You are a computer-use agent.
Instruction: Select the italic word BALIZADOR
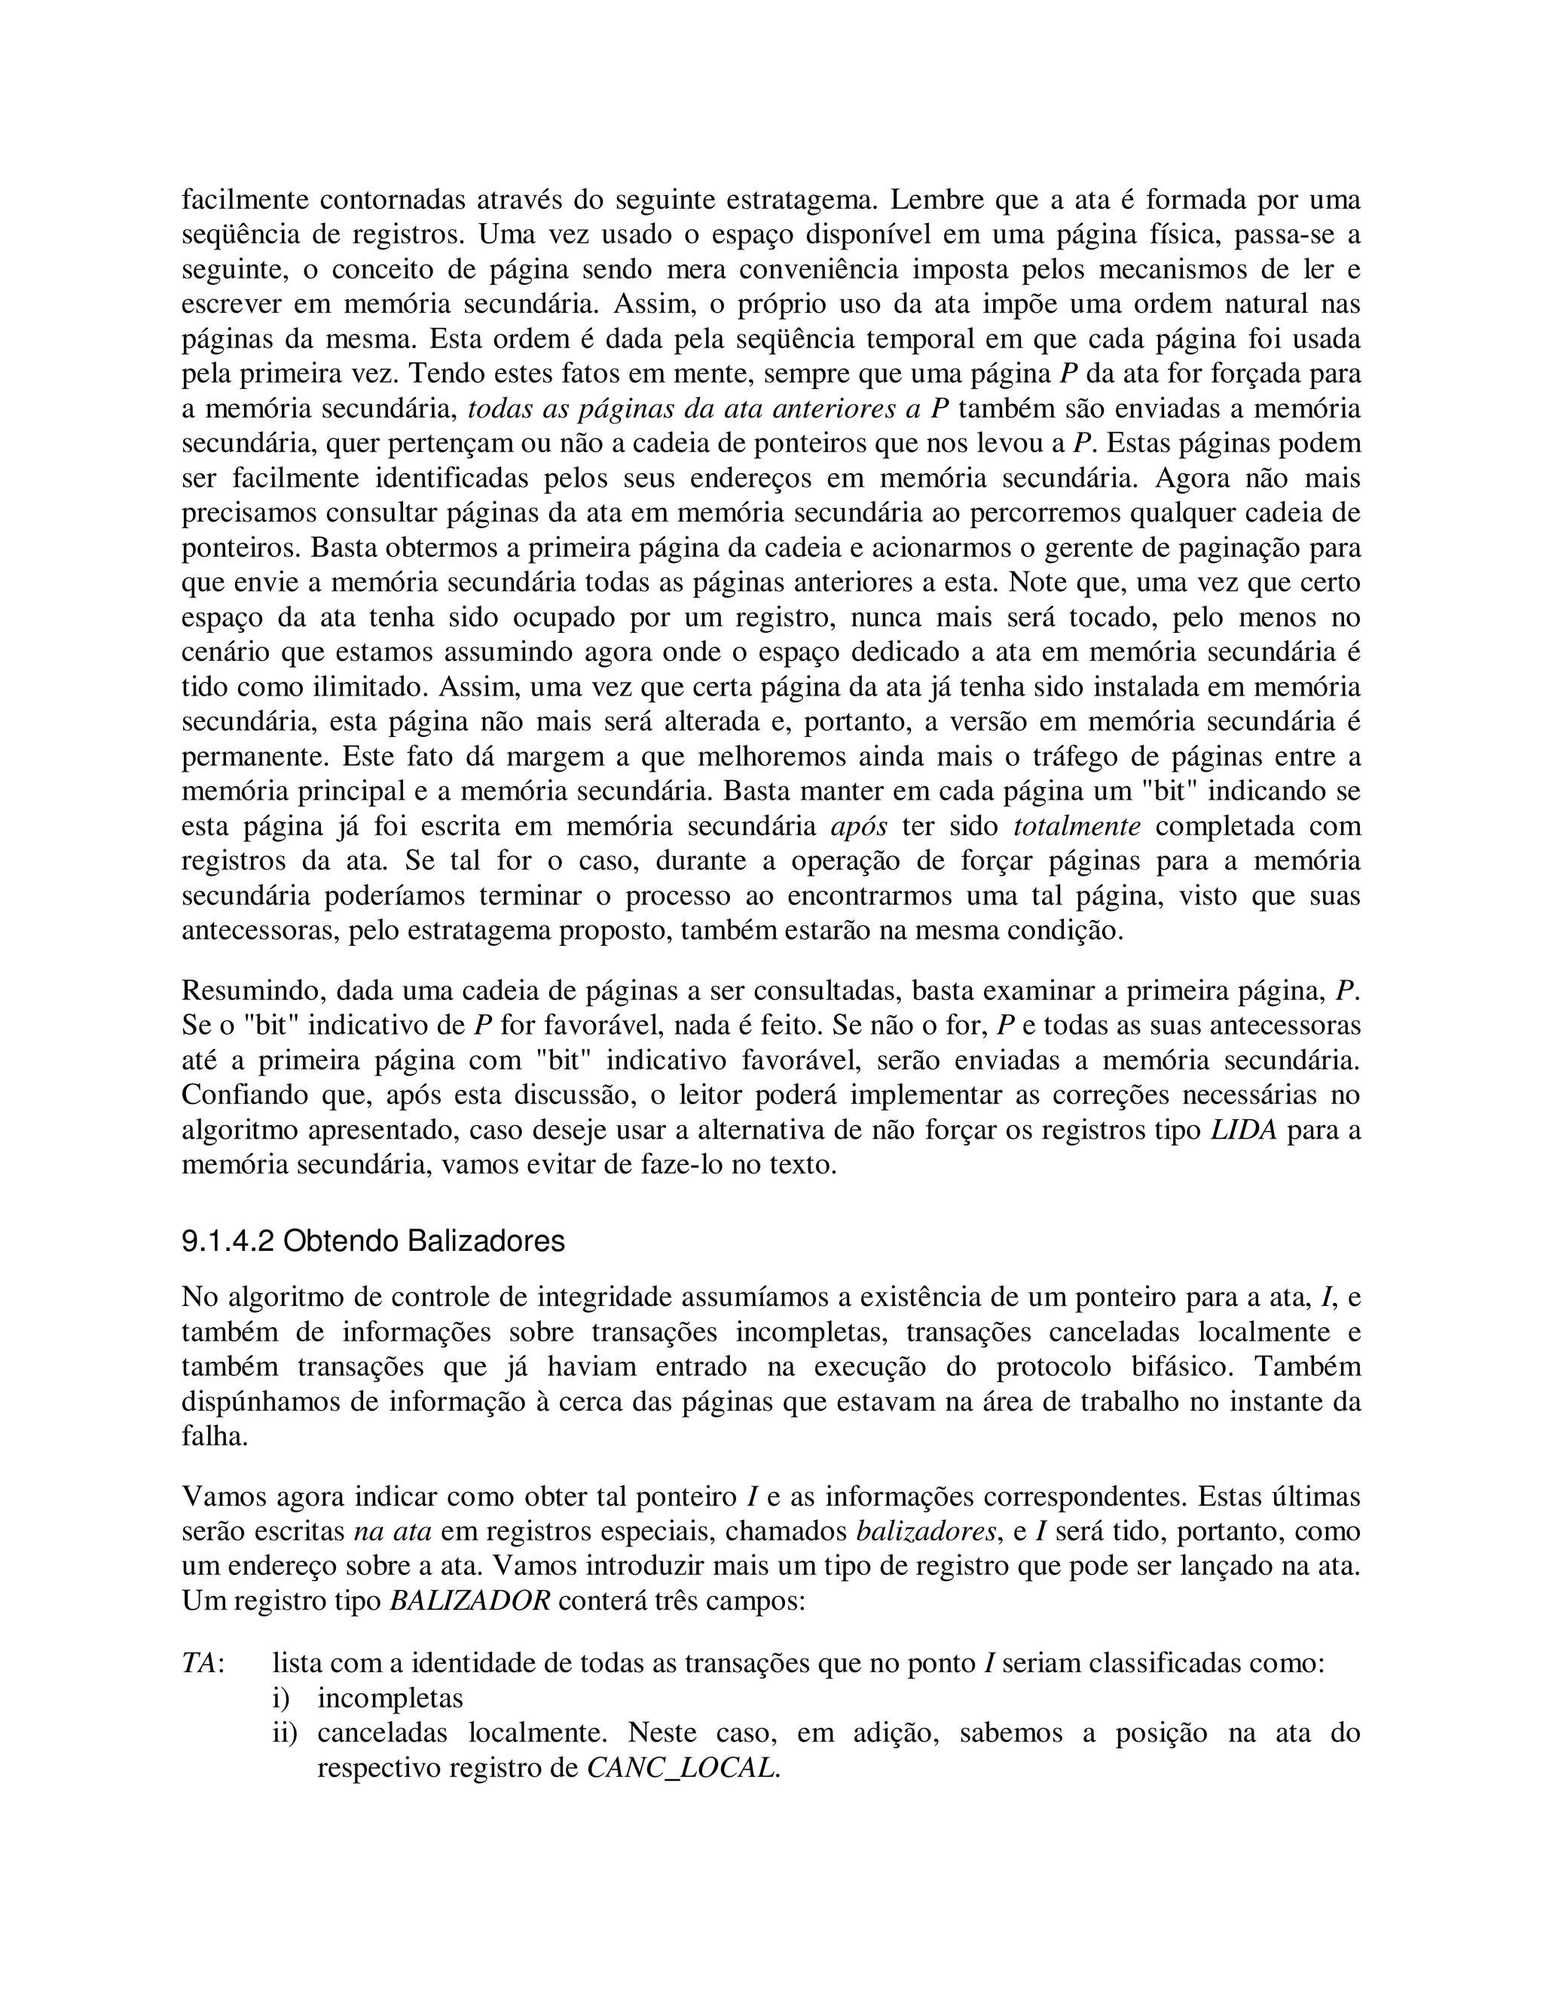(470, 1601)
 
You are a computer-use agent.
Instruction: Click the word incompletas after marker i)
(390, 1698)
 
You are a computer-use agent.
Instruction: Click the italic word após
(858, 827)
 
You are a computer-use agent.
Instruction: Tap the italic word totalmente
(1077, 827)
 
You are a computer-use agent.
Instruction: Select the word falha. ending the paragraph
(215, 1436)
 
